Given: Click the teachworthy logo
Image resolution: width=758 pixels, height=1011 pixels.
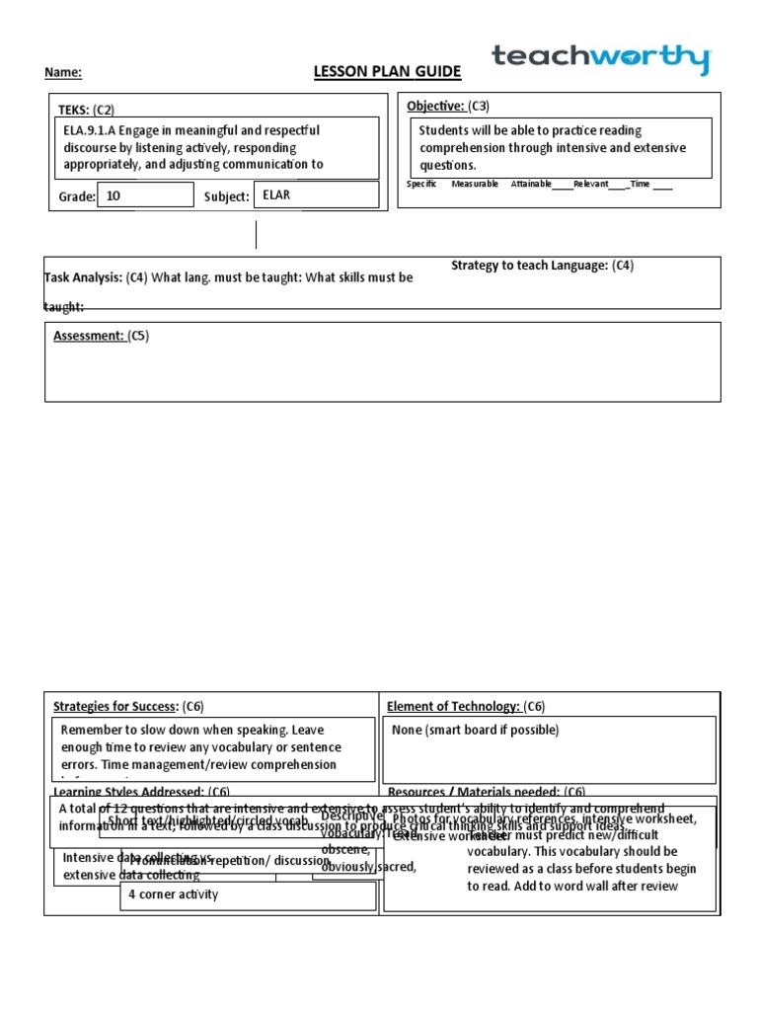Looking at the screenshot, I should click(x=601, y=59).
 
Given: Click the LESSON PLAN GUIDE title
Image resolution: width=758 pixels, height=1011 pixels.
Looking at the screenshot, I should click(x=386, y=72).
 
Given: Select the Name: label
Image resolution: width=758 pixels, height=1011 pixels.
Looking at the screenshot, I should click(x=63, y=72).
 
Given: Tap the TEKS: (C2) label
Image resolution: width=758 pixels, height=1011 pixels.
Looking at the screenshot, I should click(x=87, y=110).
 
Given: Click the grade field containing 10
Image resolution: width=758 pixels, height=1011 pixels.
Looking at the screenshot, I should click(x=145, y=195).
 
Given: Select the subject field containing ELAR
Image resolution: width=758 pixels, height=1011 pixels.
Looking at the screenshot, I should click(x=316, y=195).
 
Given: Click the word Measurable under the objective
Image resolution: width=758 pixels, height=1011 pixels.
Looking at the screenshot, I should click(x=475, y=185).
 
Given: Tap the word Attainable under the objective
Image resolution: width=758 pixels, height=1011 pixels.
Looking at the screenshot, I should click(x=531, y=185).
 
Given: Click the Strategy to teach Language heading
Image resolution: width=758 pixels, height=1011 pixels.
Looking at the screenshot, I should click(x=542, y=265).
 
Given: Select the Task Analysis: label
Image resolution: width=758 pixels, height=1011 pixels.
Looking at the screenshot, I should click(x=84, y=277).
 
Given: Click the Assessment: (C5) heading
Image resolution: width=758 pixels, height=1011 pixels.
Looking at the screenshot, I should click(x=101, y=336).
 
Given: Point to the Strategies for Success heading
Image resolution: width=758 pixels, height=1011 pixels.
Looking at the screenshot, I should click(x=127, y=706).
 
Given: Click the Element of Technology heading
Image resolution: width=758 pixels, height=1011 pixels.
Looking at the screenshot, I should click(x=465, y=706).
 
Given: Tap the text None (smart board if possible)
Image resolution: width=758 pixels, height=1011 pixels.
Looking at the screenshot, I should click(x=475, y=731).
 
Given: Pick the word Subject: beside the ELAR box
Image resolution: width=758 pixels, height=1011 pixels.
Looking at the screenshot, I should click(x=226, y=196).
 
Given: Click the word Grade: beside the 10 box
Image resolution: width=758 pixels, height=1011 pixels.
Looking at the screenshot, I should click(x=77, y=196).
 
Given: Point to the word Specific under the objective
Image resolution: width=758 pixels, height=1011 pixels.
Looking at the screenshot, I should click(x=421, y=185).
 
